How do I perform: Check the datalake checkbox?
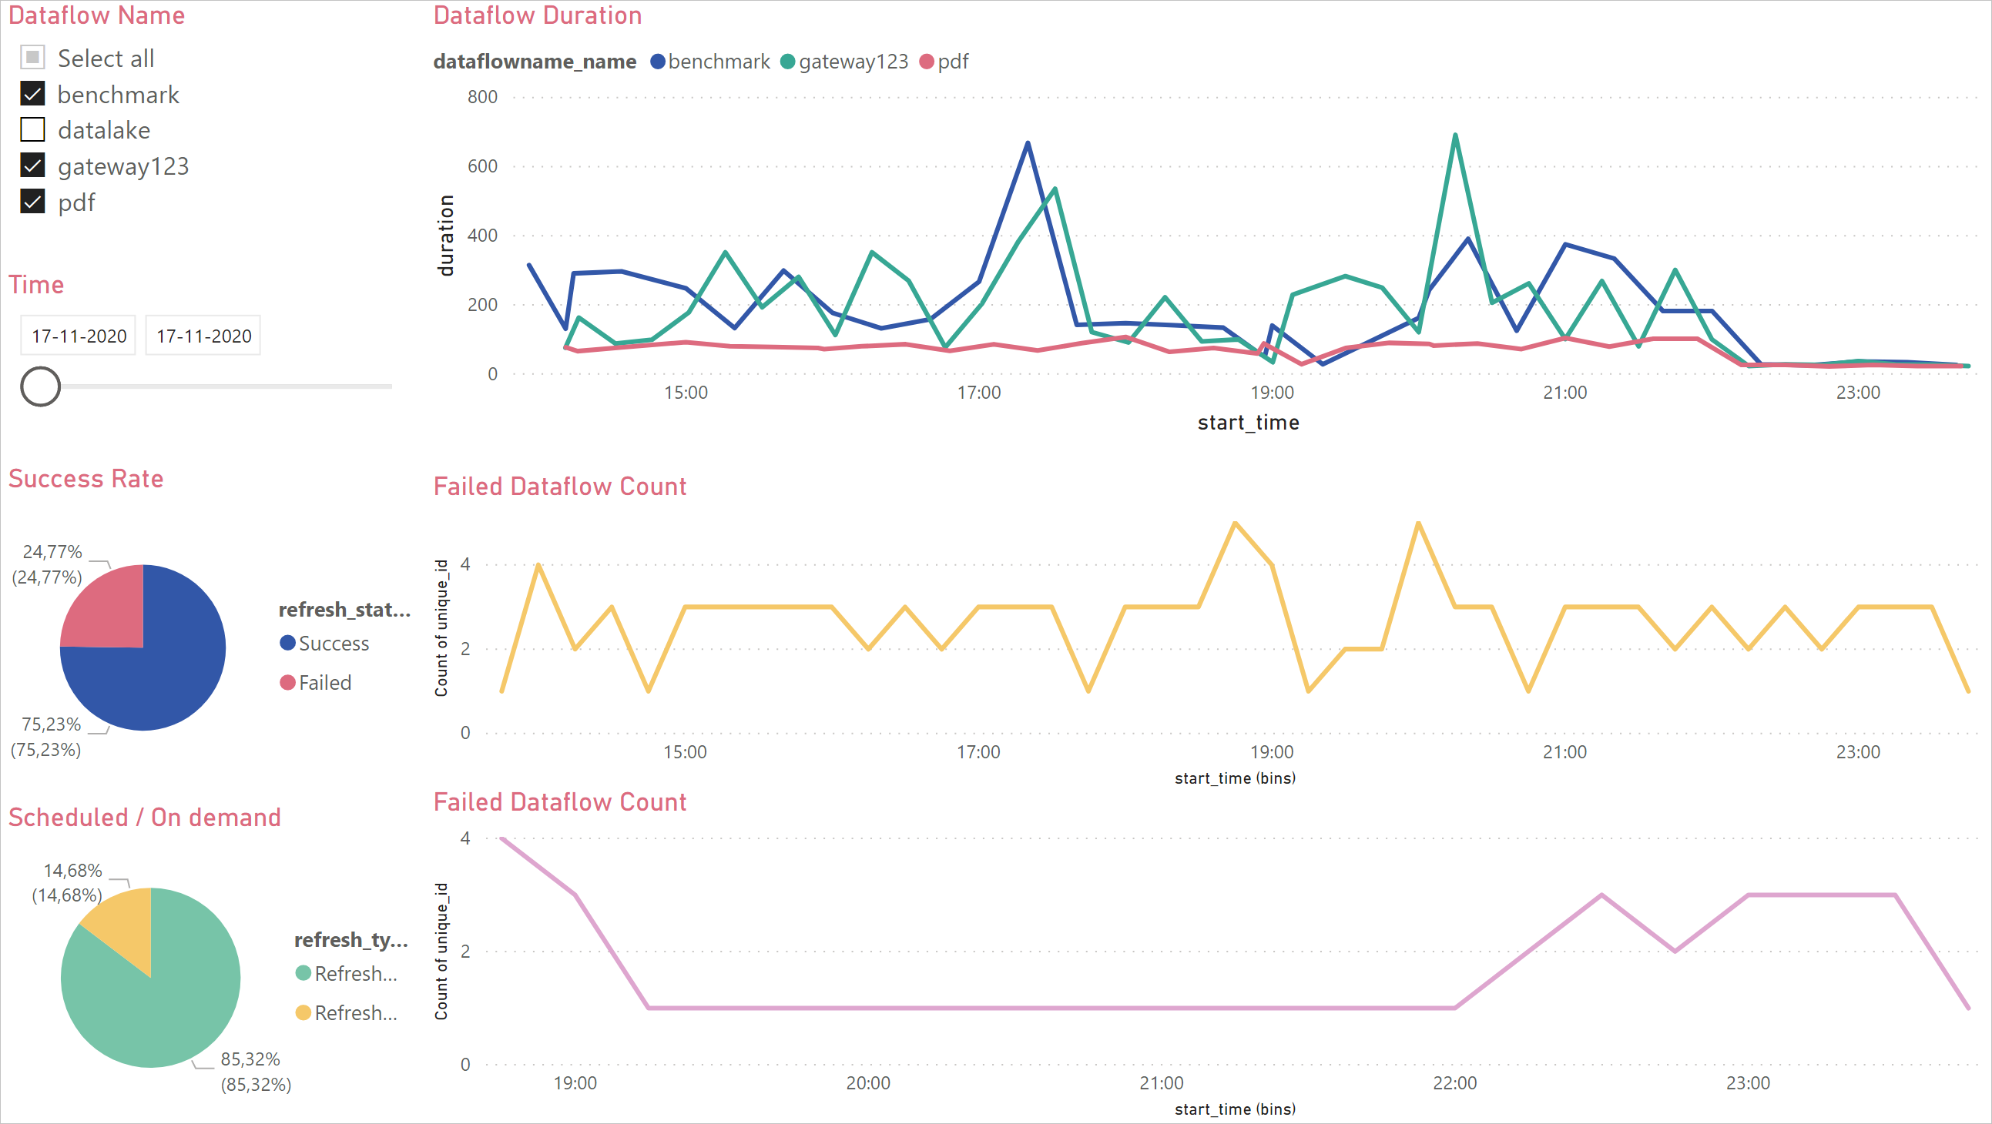(32, 130)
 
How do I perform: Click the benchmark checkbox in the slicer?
(32, 95)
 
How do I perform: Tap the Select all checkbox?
(32, 58)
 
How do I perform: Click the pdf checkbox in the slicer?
(32, 202)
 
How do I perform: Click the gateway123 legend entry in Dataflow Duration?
(844, 62)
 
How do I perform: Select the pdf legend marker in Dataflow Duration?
(927, 62)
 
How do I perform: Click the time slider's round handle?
(40, 386)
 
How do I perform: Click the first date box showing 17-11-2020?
(78, 336)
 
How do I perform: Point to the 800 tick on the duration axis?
(481, 98)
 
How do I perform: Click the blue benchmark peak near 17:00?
(1028, 144)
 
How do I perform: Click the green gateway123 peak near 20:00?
(1455, 136)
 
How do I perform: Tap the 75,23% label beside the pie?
(51, 724)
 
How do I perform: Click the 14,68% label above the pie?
(72, 871)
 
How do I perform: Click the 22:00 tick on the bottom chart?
(1454, 1083)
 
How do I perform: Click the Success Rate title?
(86, 479)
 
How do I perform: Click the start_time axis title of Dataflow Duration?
(1248, 423)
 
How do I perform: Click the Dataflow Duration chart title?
(538, 15)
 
